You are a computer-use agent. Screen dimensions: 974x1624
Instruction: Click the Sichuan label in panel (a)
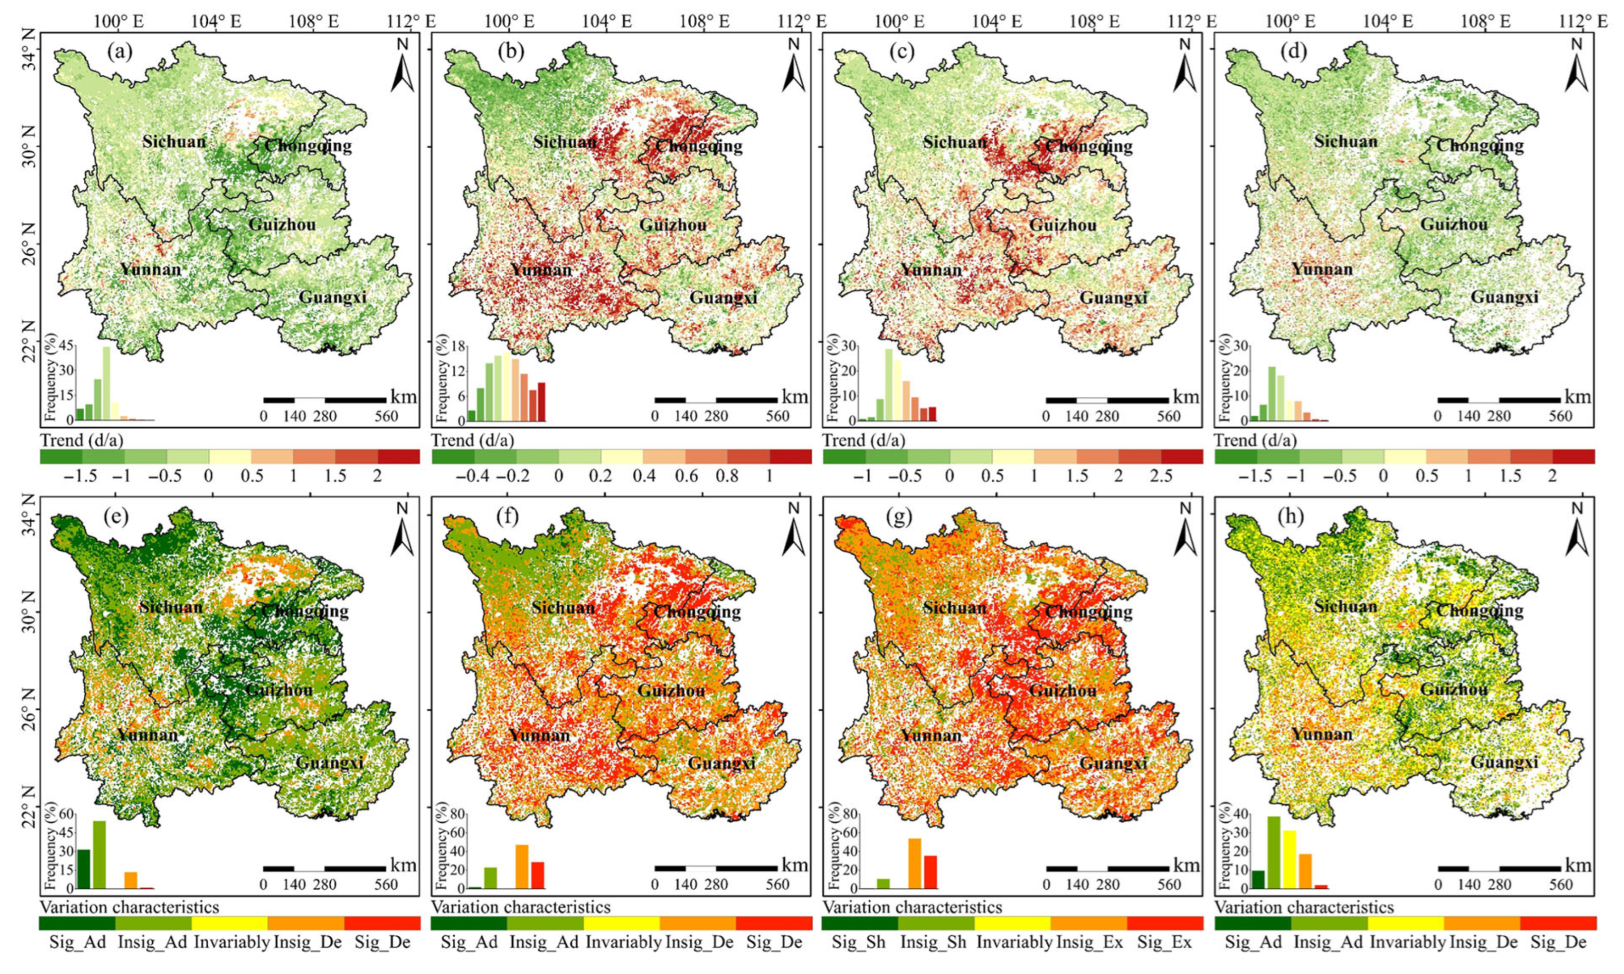(174, 141)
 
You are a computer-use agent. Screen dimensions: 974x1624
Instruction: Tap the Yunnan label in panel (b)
(541, 270)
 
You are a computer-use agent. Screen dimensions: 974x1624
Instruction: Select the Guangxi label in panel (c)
(1113, 297)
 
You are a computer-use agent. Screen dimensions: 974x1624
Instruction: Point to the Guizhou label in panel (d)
(1454, 225)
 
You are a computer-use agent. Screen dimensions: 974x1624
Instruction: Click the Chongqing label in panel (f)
(698, 611)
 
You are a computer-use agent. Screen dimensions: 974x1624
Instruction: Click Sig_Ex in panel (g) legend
(1164, 942)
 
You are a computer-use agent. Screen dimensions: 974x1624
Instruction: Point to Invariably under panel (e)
(231, 942)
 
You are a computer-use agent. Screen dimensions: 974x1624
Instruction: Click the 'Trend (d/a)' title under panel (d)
(1255, 440)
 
